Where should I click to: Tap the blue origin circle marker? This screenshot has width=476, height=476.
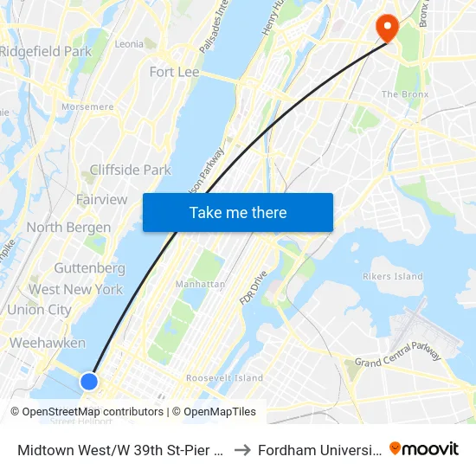(x=88, y=381)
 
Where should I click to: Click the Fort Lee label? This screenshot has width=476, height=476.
(x=174, y=72)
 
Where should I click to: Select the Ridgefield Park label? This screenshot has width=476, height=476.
(x=45, y=51)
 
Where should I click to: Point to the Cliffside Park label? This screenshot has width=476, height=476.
(x=131, y=170)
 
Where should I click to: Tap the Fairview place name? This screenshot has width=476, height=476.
(x=102, y=199)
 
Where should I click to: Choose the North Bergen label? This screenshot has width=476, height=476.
(x=68, y=228)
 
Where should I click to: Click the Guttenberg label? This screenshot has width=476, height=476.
(x=89, y=268)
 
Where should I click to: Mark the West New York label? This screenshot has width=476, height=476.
(x=76, y=289)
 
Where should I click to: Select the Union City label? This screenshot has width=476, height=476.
(x=39, y=309)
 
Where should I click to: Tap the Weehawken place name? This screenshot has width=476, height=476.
(x=48, y=343)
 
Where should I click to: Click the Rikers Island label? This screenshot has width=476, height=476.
(x=391, y=277)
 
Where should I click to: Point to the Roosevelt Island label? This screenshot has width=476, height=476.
(x=224, y=378)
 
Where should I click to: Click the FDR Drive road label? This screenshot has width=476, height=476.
(x=253, y=286)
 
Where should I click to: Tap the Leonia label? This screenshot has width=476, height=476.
(x=129, y=43)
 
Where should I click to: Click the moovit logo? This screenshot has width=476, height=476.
(x=424, y=448)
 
